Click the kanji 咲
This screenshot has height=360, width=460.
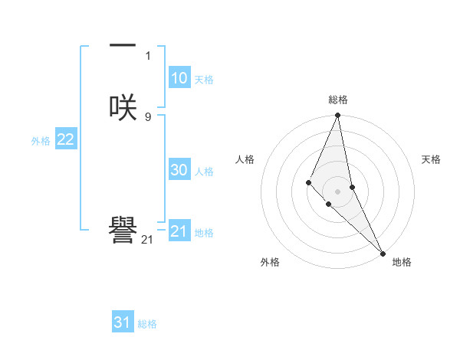tap(123, 107)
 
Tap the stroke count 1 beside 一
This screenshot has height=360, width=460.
tap(148, 55)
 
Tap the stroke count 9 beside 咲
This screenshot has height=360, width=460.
tap(148, 116)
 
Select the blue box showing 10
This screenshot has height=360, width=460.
tap(179, 78)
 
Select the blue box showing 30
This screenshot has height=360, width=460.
tap(179, 170)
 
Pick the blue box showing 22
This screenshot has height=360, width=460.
tap(65, 139)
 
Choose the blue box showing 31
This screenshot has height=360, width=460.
tap(123, 322)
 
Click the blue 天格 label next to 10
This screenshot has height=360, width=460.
tap(204, 80)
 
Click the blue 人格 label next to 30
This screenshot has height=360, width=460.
tap(204, 172)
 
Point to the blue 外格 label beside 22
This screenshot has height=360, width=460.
tap(41, 141)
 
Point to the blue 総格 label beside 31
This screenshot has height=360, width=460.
tap(147, 324)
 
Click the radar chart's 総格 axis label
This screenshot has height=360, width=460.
tap(338, 100)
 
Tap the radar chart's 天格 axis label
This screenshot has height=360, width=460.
tap(431, 159)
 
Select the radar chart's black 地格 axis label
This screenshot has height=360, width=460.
tap(402, 262)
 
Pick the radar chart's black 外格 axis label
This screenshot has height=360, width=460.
tap(270, 262)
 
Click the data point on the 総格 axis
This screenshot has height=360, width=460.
tap(338, 116)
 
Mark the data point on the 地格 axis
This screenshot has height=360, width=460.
tap(383, 253)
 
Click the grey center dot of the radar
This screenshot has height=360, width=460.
tap(338, 191)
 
